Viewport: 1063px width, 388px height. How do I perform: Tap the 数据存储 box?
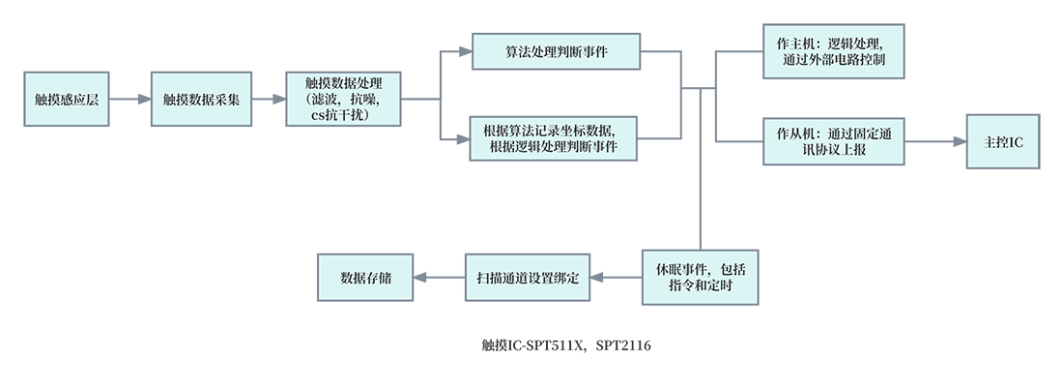click(365, 277)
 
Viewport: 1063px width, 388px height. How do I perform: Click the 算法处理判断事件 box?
click(556, 51)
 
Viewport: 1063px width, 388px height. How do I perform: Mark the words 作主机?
click(796, 45)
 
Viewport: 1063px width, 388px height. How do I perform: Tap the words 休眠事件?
click(677, 269)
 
